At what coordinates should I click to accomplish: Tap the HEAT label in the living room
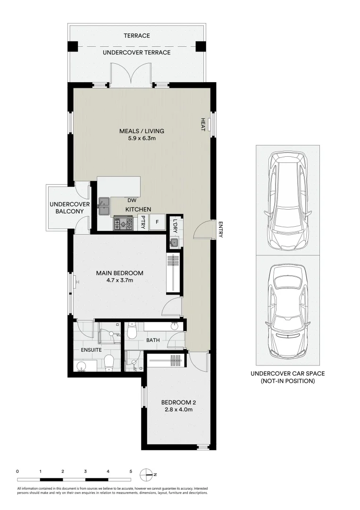point(203,125)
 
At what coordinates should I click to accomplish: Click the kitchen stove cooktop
point(124,222)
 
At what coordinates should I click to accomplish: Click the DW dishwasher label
point(132,200)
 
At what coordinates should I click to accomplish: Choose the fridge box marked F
point(157,221)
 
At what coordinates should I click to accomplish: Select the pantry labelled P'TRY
point(142,222)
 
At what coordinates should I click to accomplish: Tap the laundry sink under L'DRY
point(174,243)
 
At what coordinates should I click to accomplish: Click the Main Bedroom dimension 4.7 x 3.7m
point(120,280)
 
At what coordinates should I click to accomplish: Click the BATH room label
point(153,340)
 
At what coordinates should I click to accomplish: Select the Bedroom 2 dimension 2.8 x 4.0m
point(178,410)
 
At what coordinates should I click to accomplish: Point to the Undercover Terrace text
point(137,52)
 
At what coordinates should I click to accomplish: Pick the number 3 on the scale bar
point(85,471)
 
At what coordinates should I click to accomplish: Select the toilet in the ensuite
point(109,363)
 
